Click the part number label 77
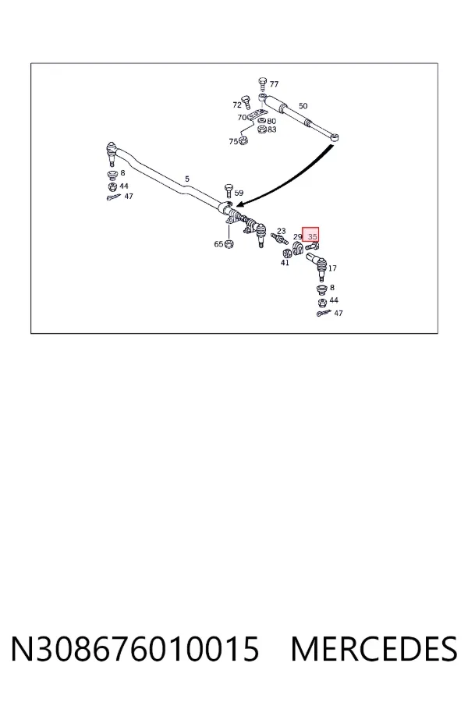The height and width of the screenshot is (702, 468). (274, 83)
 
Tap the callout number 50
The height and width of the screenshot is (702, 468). (303, 106)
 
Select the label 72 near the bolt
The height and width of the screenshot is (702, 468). (237, 105)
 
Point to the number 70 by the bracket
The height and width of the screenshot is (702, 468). (242, 117)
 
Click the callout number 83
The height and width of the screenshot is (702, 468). (272, 129)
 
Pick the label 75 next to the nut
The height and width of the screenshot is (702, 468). (233, 141)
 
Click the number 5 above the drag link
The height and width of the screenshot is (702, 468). (187, 179)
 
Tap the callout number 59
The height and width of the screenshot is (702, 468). (239, 193)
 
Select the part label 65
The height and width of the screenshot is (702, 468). (218, 244)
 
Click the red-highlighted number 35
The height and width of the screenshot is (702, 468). (313, 236)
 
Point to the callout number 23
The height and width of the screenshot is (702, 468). (281, 231)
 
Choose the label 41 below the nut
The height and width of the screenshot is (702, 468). (285, 263)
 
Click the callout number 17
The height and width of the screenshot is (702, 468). (332, 268)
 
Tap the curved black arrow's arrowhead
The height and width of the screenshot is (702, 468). (239, 204)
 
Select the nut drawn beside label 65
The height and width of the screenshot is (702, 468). (229, 244)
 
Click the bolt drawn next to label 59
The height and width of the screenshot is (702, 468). (229, 190)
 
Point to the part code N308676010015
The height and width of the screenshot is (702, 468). (135, 649)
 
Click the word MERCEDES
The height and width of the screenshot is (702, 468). (374, 649)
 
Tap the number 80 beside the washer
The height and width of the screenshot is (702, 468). (271, 121)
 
